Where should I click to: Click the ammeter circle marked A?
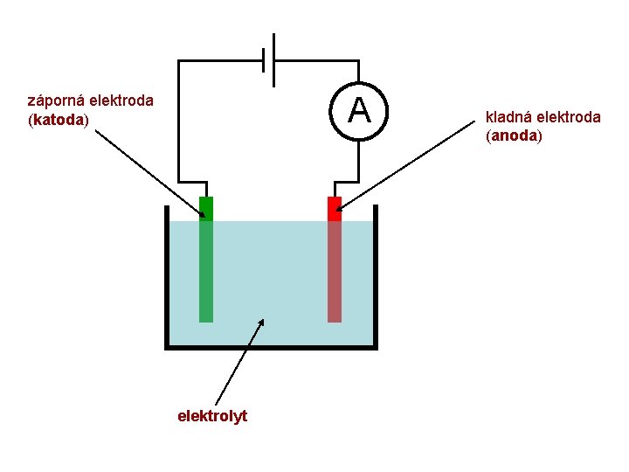(359, 111)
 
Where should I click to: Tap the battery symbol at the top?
(270, 60)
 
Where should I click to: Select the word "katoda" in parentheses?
(59, 118)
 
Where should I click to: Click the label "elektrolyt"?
(212, 416)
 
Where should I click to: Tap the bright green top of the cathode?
(206, 208)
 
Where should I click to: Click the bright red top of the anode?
(334, 208)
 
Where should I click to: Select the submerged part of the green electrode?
(206, 271)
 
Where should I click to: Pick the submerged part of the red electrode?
(334, 271)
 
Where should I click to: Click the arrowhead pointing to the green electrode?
(202, 210)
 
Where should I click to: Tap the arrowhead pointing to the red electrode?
(339, 209)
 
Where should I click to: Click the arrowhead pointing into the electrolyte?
(260, 323)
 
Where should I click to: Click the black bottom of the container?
(271, 346)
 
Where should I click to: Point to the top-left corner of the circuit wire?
(179, 60)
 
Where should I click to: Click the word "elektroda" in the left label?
(124, 101)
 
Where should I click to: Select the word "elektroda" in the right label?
(569, 117)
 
